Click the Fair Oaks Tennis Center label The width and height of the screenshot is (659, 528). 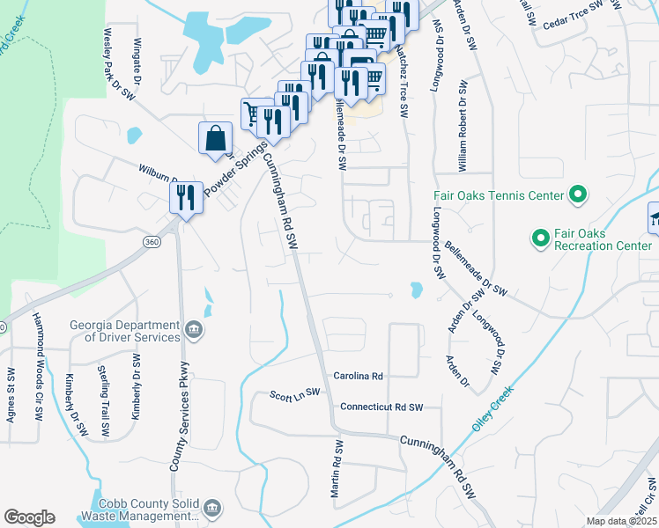pos(498,195)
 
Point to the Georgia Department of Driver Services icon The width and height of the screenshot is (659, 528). pos(193,332)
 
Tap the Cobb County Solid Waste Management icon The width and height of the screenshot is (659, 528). pos(212,508)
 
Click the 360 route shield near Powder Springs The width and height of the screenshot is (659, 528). pos(152,239)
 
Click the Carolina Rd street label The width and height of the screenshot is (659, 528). pos(358,376)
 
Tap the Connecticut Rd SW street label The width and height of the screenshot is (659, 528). pos(381,407)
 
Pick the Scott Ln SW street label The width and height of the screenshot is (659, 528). pos(295,393)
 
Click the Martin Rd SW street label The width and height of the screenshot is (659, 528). pos(336,469)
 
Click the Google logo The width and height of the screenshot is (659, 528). pos(29,517)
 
